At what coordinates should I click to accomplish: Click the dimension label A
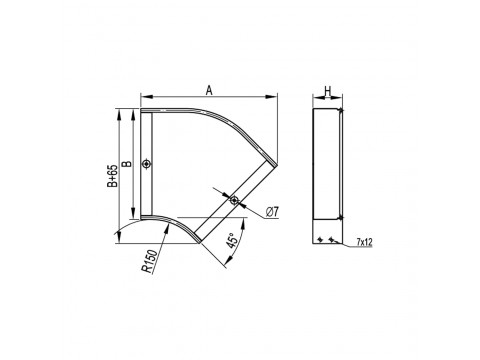(x=209, y=90)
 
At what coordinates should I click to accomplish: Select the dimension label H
(x=328, y=90)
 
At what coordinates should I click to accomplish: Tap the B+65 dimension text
(x=113, y=176)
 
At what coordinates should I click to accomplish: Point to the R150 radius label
(x=149, y=262)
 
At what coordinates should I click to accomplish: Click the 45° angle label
(x=232, y=240)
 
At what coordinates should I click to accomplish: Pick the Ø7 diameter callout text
(x=272, y=212)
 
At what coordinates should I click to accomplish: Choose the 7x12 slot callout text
(x=364, y=242)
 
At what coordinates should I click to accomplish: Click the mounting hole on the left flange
(x=146, y=164)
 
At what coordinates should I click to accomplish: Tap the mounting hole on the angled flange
(x=234, y=200)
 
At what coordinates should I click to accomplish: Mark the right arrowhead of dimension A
(x=273, y=97)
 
